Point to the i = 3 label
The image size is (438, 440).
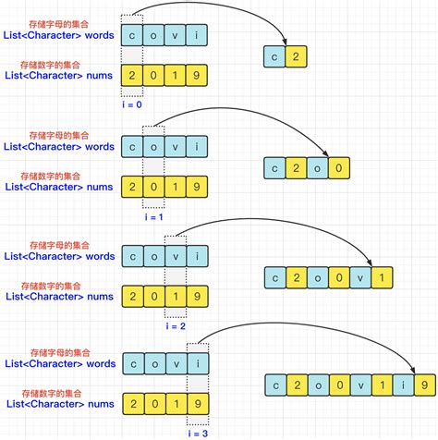[x=197, y=433]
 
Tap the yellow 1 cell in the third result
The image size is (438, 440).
[x=383, y=275]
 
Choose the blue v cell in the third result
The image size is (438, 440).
[x=361, y=275]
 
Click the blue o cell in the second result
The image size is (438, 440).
[x=318, y=167]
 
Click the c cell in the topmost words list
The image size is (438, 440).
[x=133, y=35]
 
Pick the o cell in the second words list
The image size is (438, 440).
[x=154, y=145]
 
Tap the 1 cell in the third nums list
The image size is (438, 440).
[x=176, y=295]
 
